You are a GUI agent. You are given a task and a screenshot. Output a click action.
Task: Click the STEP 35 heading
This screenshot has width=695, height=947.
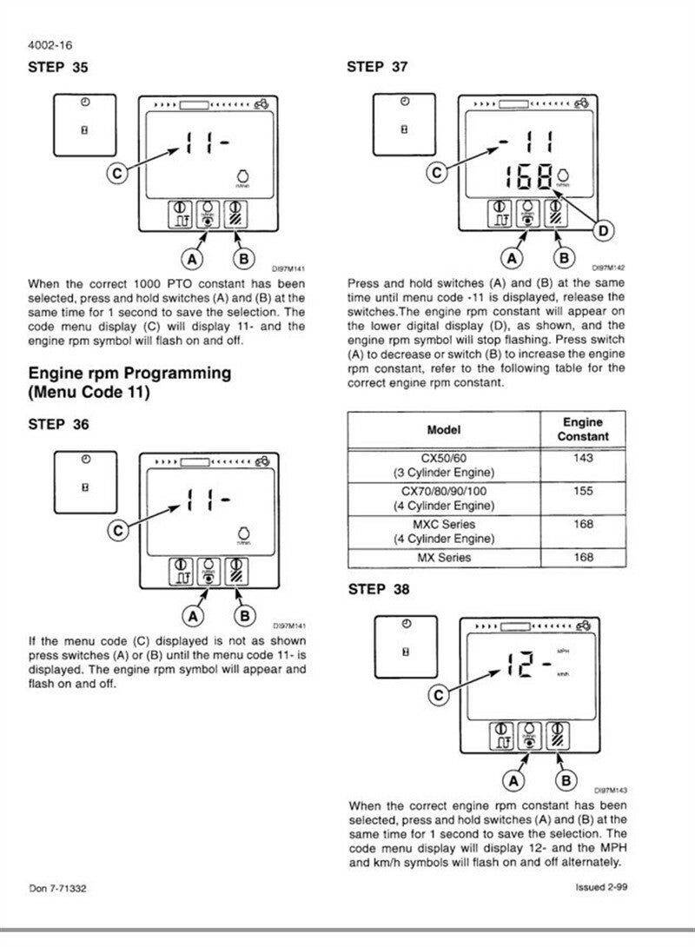58,68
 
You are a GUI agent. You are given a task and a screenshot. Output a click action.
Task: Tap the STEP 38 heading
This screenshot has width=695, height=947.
378,589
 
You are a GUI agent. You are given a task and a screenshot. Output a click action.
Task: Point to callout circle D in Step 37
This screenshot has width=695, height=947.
602,230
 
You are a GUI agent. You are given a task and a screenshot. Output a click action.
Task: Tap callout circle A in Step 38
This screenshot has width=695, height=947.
513,779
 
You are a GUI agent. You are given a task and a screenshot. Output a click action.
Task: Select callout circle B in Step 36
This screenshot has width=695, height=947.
245,615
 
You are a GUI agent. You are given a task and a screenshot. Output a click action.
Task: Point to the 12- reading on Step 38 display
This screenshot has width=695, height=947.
527,668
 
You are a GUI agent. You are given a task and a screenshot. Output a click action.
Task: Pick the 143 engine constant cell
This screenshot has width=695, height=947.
583,458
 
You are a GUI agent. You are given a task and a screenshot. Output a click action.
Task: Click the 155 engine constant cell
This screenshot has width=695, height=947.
583,491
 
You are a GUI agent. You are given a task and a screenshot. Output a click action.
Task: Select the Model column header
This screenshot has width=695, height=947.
443,429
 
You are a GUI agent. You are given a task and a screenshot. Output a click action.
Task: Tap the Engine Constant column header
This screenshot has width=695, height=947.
583,429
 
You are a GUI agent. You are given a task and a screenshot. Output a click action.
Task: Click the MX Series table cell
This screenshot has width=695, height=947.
443,557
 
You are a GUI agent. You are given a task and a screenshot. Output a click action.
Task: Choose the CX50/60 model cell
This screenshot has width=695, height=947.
443,465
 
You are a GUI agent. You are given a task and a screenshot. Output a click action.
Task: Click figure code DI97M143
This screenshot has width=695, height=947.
611,791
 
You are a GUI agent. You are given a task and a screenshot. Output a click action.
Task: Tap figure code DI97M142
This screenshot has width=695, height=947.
609,268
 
